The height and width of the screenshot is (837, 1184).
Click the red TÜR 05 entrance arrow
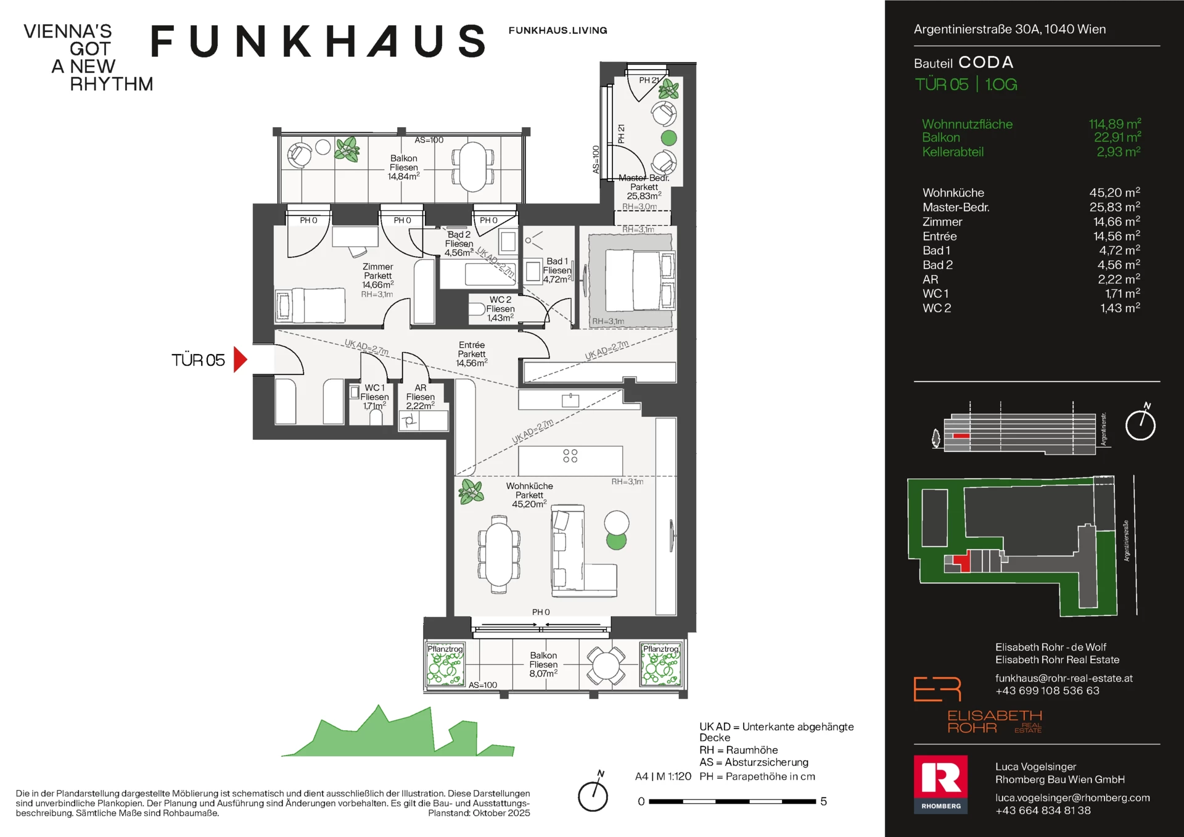point(240,360)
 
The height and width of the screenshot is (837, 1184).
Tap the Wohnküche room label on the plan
point(529,486)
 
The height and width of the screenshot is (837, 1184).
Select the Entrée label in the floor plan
point(472,345)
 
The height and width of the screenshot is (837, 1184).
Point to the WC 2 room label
point(501,300)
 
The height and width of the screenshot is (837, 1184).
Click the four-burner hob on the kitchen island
point(570,456)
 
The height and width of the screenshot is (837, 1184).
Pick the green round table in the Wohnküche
point(616,540)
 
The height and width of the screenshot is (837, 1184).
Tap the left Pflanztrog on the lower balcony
point(445,664)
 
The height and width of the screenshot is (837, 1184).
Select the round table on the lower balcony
point(606,666)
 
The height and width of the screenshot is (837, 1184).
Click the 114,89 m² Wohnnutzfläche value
point(1115,124)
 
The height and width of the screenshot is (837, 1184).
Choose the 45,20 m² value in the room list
point(1114,192)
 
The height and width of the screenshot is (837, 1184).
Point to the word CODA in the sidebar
point(986,62)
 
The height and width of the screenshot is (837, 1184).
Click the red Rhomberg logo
point(940,785)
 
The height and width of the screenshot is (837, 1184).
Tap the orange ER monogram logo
point(937,689)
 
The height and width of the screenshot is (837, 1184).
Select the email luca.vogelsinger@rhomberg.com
point(1072,798)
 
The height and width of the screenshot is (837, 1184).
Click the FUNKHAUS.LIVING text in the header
point(557,30)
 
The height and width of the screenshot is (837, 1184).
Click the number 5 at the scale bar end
point(823,801)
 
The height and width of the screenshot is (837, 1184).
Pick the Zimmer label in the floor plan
point(377,267)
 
